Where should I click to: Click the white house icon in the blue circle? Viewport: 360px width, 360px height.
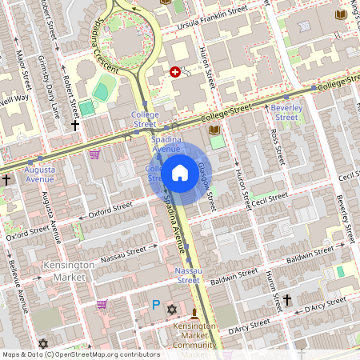(x=179, y=172)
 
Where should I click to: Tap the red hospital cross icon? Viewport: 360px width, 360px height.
(x=175, y=72)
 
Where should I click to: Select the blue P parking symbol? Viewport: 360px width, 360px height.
(x=156, y=304)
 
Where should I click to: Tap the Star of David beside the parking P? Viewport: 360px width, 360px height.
(x=170, y=308)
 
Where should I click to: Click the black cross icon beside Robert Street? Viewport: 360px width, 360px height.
(x=75, y=126)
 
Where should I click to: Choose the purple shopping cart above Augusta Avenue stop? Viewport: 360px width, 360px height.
(x=94, y=154)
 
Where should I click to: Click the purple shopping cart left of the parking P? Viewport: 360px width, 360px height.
(x=102, y=304)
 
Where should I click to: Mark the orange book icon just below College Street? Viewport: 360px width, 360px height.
(x=214, y=130)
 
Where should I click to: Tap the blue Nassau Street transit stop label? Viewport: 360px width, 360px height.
(x=188, y=275)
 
